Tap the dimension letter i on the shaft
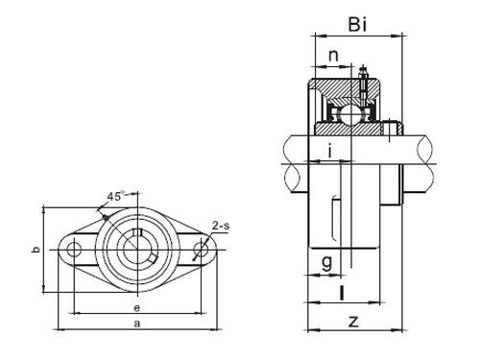tap(329, 150)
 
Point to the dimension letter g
tap(326, 261)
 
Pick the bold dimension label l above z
tap(342, 292)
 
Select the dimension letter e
tap(137, 307)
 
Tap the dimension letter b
tap(35, 251)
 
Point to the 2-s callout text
tap(220, 227)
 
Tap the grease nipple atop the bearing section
tap(364, 75)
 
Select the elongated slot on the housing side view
tap(333, 219)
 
